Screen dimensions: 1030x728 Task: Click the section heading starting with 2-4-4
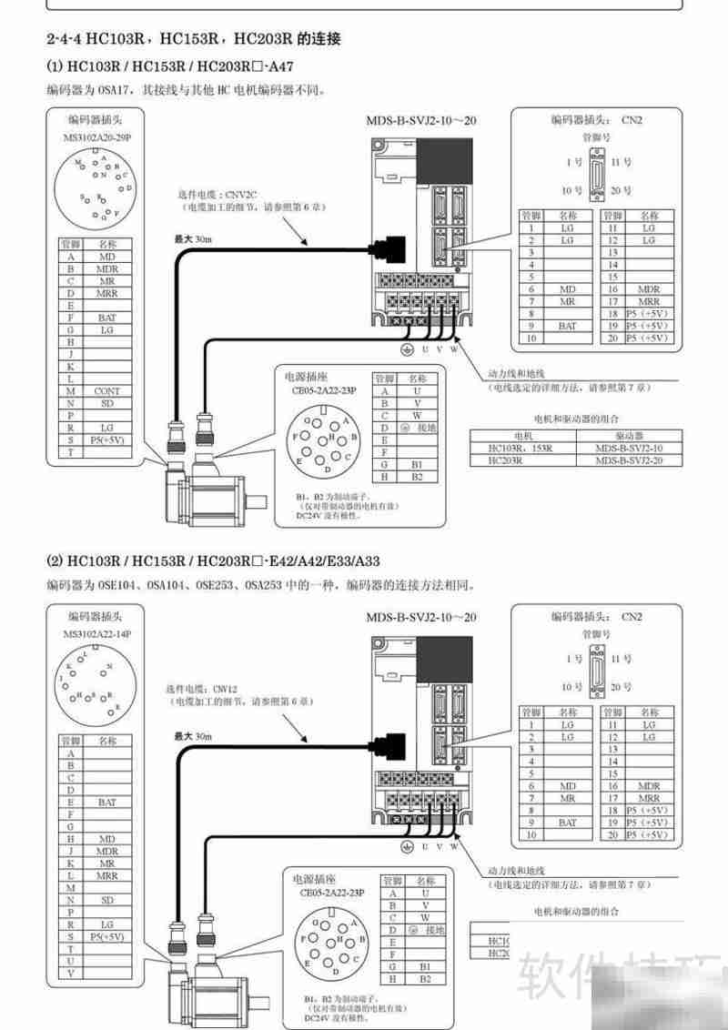pos(193,40)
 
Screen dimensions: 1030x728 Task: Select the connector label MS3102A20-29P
pos(97,138)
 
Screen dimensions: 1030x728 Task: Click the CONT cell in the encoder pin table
pos(106,390)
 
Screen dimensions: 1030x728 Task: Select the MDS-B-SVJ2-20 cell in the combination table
pos(629,460)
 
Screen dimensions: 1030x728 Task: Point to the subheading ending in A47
pos(169,68)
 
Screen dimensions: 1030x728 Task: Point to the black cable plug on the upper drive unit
pos(387,247)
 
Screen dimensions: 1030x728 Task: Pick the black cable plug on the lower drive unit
pos(387,742)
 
